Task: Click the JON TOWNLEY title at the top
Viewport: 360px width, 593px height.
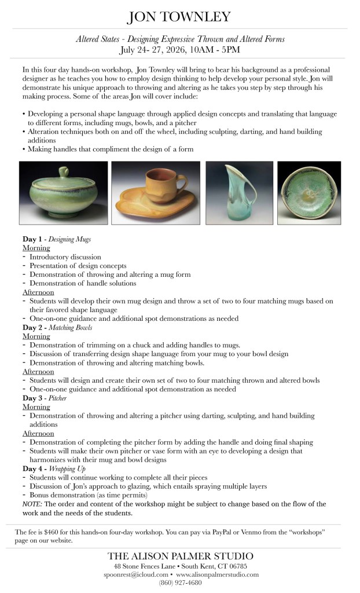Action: tap(179, 17)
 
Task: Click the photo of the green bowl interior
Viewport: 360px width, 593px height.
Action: tap(308, 193)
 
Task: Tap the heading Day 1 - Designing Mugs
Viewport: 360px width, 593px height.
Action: tap(56, 239)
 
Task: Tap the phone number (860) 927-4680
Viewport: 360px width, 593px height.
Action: tap(180, 583)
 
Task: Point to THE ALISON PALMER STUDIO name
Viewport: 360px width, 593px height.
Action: tap(180, 556)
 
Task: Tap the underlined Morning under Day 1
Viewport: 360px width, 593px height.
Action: tap(36, 248)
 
